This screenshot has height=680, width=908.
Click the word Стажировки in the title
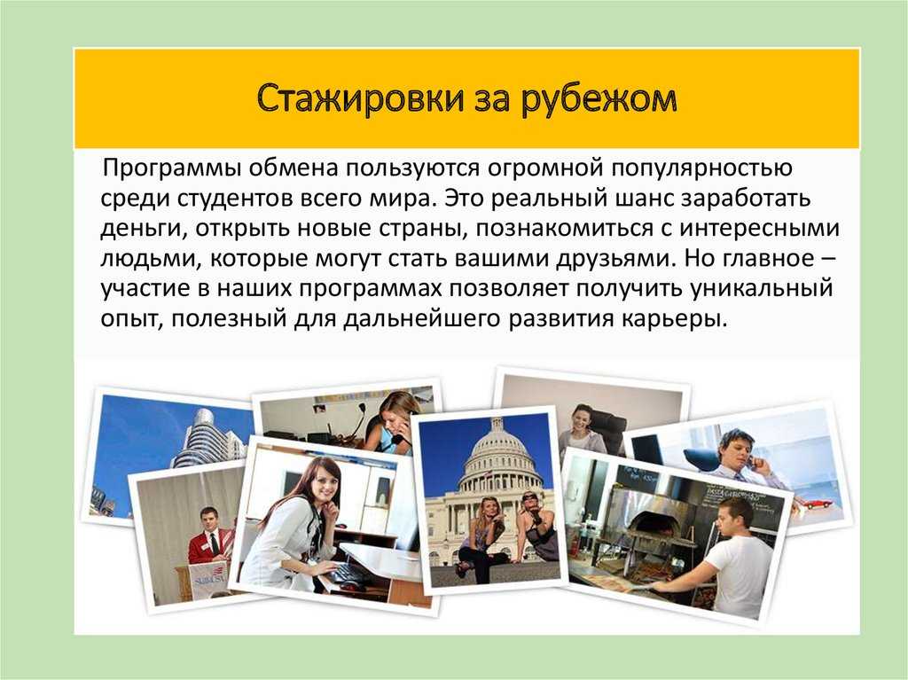(x=360, y=98)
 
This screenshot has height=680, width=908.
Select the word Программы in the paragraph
(x=173, y=168)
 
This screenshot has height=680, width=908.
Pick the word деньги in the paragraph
(x=143, y=229)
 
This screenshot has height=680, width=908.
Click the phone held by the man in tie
(x=751, y=462)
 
